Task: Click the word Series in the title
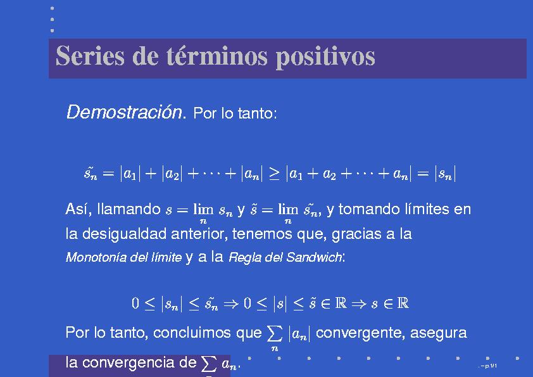click(90, 56)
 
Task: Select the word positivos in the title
click(325, 57)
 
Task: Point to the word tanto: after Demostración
click(258, 113)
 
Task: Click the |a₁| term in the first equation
click(130, 174)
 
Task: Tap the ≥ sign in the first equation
click(274, 174)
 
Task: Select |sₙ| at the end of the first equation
click(445, 174)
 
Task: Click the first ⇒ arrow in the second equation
click(231, 304)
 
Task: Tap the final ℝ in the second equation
click(403, 303)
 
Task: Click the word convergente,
click(361, 333)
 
